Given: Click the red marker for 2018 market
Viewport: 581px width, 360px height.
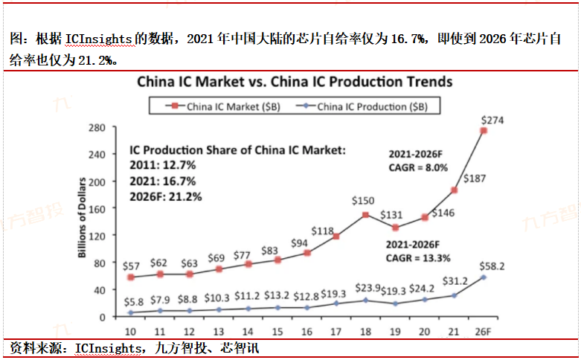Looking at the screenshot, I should pos(365,215).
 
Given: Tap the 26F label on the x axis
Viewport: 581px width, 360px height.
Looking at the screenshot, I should pos(484,331).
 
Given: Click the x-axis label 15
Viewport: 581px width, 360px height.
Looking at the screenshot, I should pos(278,331).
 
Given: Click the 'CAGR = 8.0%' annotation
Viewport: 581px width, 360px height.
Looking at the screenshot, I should pos(418,168).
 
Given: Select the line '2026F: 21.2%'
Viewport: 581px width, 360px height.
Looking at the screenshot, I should pos(165,196).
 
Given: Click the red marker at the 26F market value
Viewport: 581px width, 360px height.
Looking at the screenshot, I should pos(484,131).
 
